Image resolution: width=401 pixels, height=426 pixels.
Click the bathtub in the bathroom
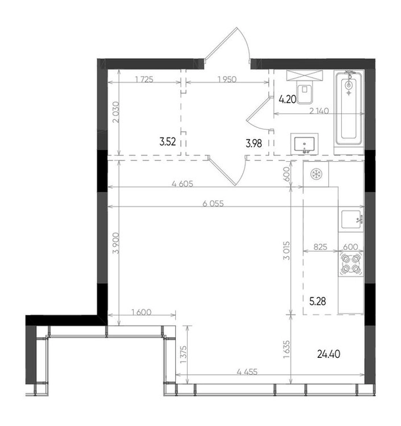pyautogui.click(x=349, y=108)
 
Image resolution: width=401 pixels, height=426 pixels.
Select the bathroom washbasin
pyautogui.click(x=305, y=144)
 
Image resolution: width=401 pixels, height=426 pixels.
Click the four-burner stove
pyautogui.click(x=351, y=264)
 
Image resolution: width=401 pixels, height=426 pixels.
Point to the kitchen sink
pyautogui.click(x=352, y=220)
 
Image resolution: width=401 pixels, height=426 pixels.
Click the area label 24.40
pyautogui.click(x=329, y=354)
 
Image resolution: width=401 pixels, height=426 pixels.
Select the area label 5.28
pyautogui.click(x=318, y=301)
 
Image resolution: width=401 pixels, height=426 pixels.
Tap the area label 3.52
pyautogui.click(x=167, y=142)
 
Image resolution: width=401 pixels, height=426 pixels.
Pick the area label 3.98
pyautogui.click(x=254, y=143)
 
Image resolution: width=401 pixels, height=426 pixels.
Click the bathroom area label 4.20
pyautogui.click(x=287, y=99)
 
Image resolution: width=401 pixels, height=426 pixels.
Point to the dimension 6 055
pyautogui.click(x=213, y=203)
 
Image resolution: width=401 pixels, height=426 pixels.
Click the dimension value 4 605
pyautogui.click(x=182, y=184)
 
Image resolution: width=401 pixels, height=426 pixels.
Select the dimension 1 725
pyautogui.click(x=144, y=79)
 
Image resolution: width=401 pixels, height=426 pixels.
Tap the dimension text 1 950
pyautogui.click(x=227, y=79)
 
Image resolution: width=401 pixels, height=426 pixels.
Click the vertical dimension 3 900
pyautogui.click(x=116, y=243)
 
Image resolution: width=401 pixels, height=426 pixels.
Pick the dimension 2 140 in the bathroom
pyautogui.click(x=320, y=111)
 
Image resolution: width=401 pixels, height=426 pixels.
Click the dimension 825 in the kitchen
pyautogui.click(x=320, y=246)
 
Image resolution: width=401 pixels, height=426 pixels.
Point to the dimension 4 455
pyautogui.click(x=247, y=372)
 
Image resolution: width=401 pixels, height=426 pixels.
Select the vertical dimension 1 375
pyautogui.click(x=184, y=355)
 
